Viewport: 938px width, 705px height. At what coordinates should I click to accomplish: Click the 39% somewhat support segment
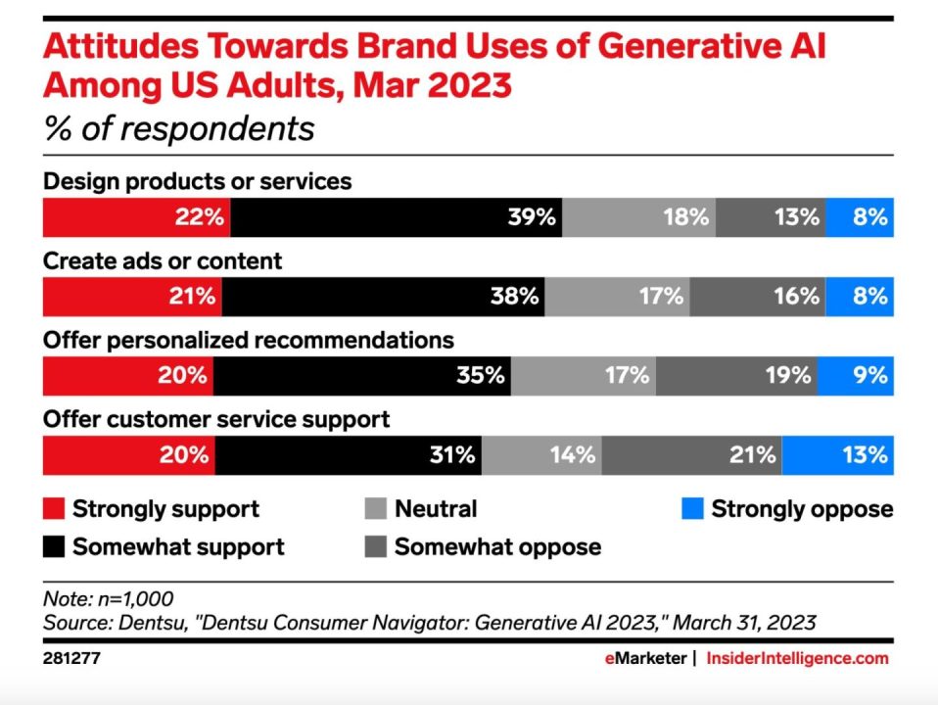pyautogui.click(x=397, y=217)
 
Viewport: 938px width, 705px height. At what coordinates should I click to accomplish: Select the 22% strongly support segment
pyautogui.click(x=136, y=217)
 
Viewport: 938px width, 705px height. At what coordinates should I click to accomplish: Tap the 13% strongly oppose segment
pyautogui.click(x=838, y=454)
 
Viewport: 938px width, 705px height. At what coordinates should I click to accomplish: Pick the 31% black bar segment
pyautogui.click(x=349, y=454)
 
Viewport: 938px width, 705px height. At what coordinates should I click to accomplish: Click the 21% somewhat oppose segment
pyautogui.click(x=692, y=454)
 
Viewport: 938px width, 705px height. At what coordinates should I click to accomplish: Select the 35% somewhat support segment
pyautogui.click(x=362, y=375)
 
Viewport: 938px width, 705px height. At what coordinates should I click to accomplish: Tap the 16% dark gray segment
pyautogui.click(x=759, y=296)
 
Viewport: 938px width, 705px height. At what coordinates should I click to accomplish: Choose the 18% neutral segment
pyautogui.click(x=639, y=217)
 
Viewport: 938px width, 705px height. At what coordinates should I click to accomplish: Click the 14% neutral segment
pyautogui.click(x=541, y=454)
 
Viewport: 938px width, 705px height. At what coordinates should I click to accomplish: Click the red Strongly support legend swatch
pyautogui.click(x=54, y=509)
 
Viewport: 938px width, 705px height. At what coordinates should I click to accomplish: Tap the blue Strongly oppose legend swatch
pyautogui.click(x=691, y=509)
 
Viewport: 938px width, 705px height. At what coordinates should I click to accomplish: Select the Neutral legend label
pyautogui.click(x=436, y=509)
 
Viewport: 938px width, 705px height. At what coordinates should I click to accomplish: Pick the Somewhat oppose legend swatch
pyautogui.click(x=375, y=546)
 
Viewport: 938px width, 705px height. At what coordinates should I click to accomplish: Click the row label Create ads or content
pyautogui.click(x=163, y=260)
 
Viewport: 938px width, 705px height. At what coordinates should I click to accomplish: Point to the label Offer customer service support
pyautogui.click(x=216, y=419)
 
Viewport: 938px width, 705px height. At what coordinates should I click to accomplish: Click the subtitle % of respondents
pyautogui.click(x=179, y=129)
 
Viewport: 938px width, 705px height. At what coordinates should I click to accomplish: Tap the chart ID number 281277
pyautogui.click(x=71, y=659)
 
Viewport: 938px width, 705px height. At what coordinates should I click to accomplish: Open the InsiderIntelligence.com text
pyautogui.click(x=797, y=658)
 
